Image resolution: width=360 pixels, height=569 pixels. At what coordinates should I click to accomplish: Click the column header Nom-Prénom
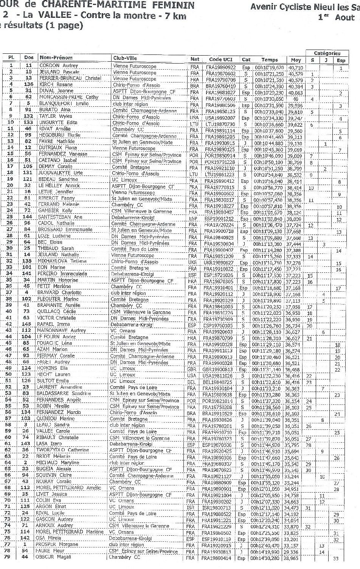point(56,58)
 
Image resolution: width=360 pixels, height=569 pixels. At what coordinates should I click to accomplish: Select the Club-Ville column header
point(125,58)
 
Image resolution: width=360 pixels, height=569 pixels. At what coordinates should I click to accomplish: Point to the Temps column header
point(269,60)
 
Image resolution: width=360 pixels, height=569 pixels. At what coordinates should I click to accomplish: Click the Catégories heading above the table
point(327,53)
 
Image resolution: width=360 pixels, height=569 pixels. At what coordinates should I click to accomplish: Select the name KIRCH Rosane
point(56,85)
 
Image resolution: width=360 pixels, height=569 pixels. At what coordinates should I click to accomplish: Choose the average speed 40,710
point(295,67)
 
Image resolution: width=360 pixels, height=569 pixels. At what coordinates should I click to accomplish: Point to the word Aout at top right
point(344,18)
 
